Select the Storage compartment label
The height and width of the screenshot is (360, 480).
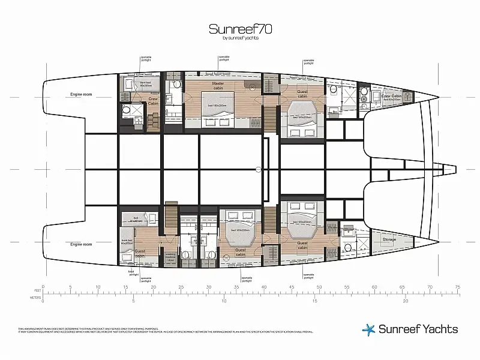[x=389, y=239]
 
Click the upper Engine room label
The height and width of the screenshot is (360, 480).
[x=81, y=95]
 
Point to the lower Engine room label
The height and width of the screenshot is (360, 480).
[x=81, y=245]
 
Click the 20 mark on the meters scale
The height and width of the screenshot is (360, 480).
[x=406, y=300]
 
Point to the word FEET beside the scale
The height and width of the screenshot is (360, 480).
[x=34, y=290]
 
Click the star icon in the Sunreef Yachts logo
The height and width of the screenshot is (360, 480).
[x=368, y=329]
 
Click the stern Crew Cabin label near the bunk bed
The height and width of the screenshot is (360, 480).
[x=154, y=102]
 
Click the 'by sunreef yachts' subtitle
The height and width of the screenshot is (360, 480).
[x=239, y=38]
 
